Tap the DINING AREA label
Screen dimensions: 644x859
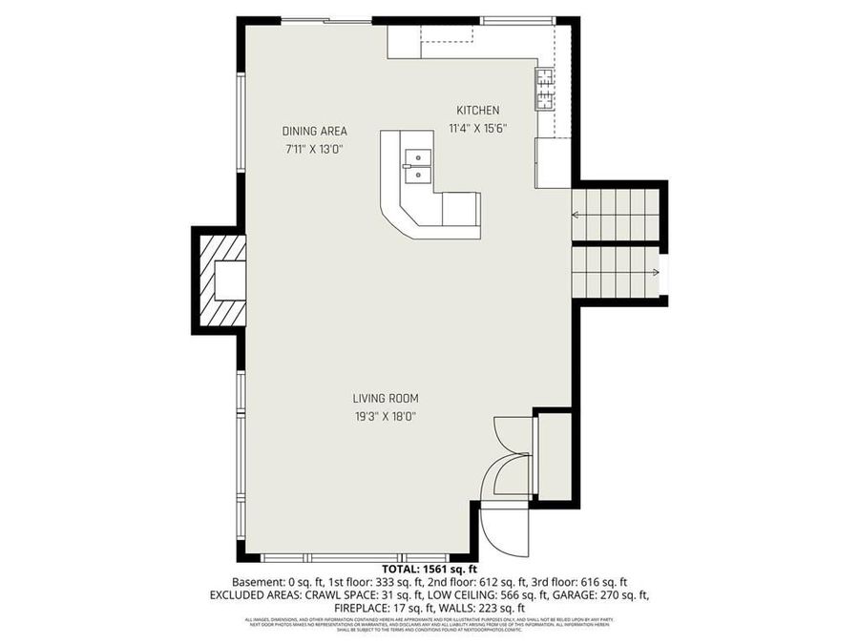coord(314,132)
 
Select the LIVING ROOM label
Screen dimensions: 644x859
coord(386,399)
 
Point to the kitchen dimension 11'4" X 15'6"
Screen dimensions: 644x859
coord(477,128)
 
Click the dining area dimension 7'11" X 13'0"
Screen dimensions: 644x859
coord(314,149)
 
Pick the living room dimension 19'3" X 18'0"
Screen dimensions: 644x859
coord(386,416)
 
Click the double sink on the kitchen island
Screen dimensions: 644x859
coord(415,165)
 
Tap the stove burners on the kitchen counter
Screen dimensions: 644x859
coord(544,89)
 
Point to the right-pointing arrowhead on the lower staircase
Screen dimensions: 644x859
coord(655,273)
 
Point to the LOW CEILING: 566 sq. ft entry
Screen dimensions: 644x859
coord(470,594)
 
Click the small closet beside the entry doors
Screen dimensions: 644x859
coord(554,456)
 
